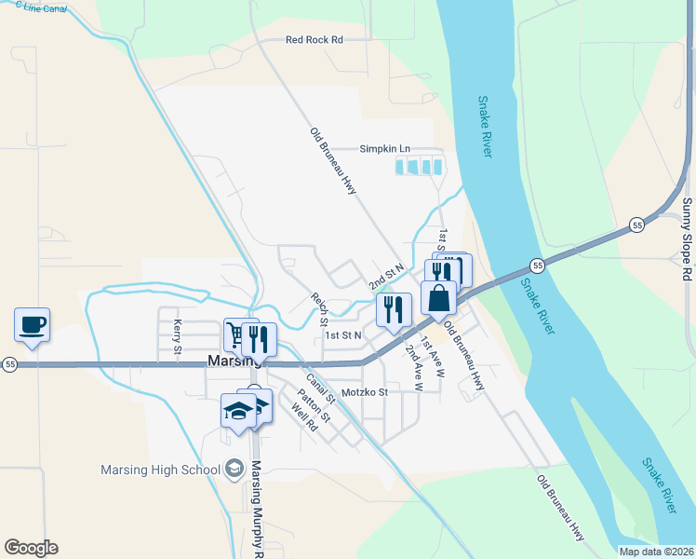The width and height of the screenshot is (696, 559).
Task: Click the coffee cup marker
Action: (x=32, y=325)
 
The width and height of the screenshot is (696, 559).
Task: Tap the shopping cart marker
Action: (x=239, y=335)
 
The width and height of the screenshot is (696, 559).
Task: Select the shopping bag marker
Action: (x=438, y=298)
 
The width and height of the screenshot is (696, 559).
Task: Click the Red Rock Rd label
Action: (x=315, y=40)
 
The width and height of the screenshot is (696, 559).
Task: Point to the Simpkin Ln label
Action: (x=385, y=149)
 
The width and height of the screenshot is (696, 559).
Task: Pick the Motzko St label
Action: (x=364, y=392)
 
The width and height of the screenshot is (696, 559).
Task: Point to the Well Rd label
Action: (x=304, y=416)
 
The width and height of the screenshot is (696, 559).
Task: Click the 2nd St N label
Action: (x=386, y=276)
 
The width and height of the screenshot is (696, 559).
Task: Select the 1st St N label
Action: (x=342, y=334)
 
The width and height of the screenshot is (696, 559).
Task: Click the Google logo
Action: (x=31, y=548)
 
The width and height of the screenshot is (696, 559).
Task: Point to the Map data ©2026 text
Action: (x=655, y=551)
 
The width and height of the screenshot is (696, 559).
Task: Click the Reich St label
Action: (x=319, y=309)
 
